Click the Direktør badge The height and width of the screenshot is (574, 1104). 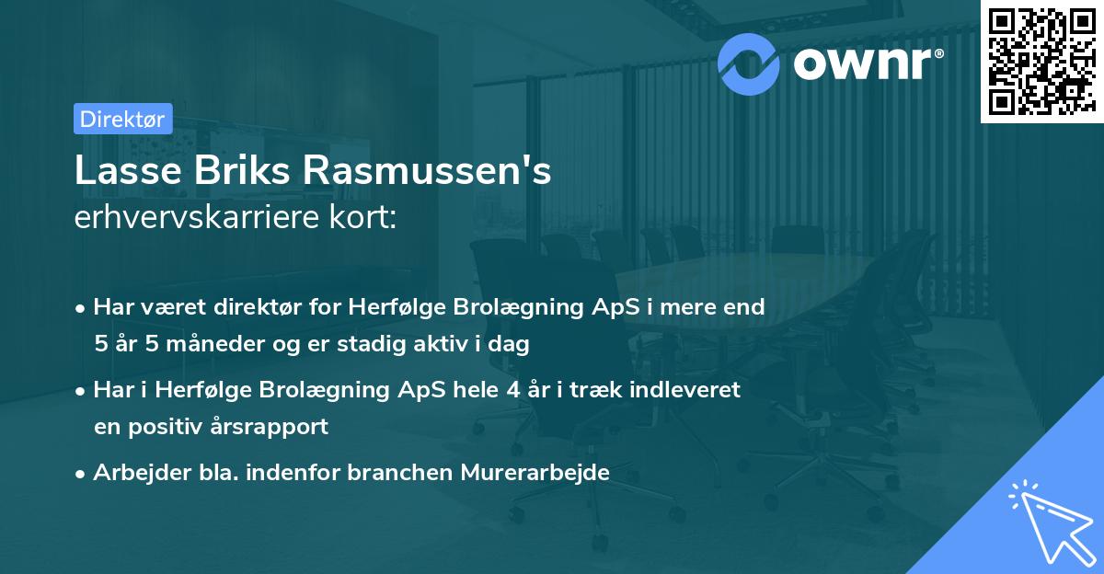[x=122, y=119]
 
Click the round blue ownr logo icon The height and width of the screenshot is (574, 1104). [x=749, y=63]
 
